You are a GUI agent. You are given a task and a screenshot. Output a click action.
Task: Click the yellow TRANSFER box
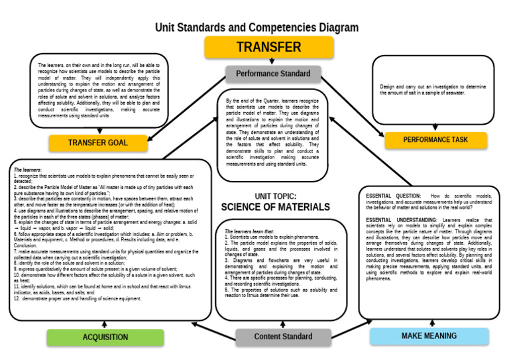[268, 48]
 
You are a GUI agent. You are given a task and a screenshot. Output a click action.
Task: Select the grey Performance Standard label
[272, 74]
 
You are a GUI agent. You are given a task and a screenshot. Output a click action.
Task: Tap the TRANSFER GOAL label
[97, 143]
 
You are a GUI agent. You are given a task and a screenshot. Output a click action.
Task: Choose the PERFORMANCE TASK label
[435, 140]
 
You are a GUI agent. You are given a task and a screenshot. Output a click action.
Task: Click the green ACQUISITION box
[105, 337]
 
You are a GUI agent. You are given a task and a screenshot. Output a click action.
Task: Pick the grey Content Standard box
[283, 337]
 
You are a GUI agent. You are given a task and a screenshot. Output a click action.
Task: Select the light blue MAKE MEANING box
[428, 336]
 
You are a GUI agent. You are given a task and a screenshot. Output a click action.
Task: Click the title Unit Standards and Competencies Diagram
[256, 28]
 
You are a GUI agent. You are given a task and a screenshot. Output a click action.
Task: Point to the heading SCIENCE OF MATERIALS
[275, 207]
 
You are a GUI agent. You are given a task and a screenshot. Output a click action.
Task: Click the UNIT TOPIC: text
[275, 196]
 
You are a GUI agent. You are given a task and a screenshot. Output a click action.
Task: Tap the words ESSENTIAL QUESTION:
[393, 196]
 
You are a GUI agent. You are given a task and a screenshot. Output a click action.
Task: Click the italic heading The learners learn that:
[249, 231]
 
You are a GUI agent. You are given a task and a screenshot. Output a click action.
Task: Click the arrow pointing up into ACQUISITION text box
[105, 324]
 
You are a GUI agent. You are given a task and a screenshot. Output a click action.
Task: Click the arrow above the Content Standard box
[283, 324]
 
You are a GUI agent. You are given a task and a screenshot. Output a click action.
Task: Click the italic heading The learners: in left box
[27, 170]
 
